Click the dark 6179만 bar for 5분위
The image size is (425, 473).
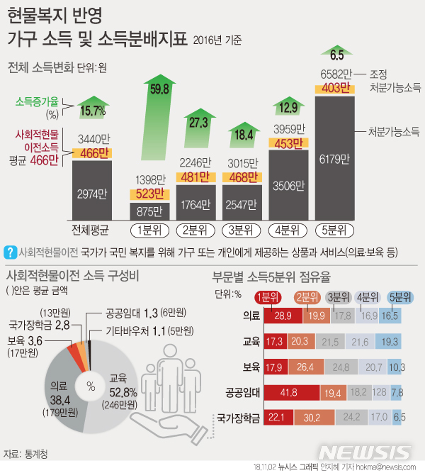coord(335,158)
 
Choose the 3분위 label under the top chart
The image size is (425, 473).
coord(242,230)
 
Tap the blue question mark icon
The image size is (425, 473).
coord(11,252)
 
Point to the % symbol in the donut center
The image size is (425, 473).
coord(90,386)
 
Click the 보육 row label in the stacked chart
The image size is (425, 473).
coord(250,367)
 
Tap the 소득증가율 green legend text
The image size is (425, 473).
coord(36,101)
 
